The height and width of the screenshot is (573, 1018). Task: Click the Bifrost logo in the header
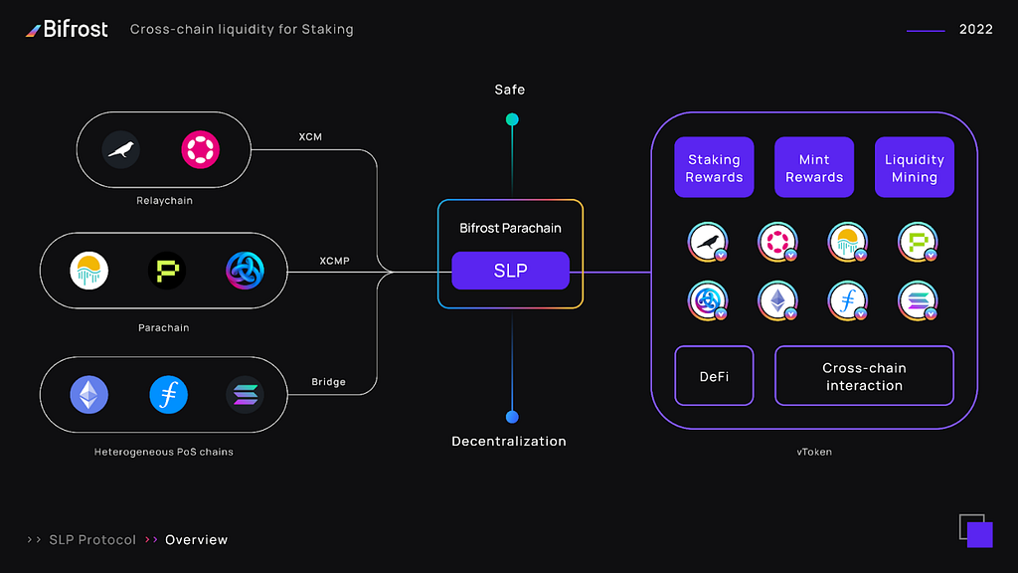pyautogui.click(x=67, y=29)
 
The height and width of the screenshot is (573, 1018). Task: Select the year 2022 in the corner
pyautogui.click(x=975, y=30)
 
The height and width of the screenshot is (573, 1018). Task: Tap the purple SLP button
pyautogui.click(x=510, y=271)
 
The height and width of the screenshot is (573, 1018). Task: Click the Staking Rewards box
pyautogui.click(x=714, y=167)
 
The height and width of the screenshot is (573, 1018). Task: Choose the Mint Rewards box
pyautogui.click(x=814, y=167)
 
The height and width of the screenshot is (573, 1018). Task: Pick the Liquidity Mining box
pyautogui.click(x=914, y=167)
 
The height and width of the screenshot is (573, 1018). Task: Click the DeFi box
pyautogui.click(x=714, y=376)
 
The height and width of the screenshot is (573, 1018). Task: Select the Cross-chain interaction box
pyautogui.click(x=864, y=376)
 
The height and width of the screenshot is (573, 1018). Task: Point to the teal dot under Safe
pyautogui.click(x=512, y=119)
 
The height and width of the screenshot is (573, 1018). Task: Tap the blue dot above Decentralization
pyautogui.click(x=512, y=417)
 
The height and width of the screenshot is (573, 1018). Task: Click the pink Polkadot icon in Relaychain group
pyautogui.click(x=201, y=150)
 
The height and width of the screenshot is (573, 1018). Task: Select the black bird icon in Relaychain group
pyautogui.click(x=121, y=150)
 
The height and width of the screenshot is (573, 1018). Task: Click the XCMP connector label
pyautogui.click(x=334, y=262)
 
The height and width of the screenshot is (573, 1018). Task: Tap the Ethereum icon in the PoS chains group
pyautogui.click(x=88, y=395)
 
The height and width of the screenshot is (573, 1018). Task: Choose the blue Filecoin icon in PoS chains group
pyautogui.click(x=168, y=395)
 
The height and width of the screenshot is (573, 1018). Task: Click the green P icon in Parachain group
pyautogui.click(x=167, y=271)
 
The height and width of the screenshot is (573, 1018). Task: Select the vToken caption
pyautogui.click(x=814, y=452)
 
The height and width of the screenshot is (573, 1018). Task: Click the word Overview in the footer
pyautogui.click(x=196, y=540)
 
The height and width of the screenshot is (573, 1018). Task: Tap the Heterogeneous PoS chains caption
pyautogui.click(x=164, y=453)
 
